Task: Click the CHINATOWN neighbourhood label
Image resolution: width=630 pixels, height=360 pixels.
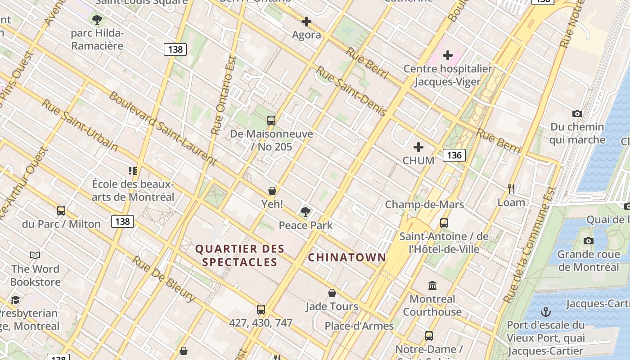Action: (347, 257)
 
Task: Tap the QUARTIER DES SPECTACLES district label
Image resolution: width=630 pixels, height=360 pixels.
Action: (240, 255)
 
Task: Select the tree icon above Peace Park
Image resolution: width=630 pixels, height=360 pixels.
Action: (306, 211)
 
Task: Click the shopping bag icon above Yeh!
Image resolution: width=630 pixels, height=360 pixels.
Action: (272, 191)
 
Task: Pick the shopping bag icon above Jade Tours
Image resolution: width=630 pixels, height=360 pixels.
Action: (332, 293)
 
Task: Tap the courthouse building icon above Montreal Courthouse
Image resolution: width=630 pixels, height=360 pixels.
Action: (432, 285)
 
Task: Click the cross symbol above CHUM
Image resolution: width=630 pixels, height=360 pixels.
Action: (418, 147)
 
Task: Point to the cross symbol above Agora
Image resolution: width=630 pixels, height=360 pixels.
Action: (306, 22)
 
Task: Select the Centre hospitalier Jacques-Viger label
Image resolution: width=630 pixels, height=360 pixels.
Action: (447, 75)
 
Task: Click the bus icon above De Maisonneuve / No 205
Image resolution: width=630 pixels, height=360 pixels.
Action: (271, 120)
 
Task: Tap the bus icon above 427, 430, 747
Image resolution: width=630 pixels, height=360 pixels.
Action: (261, 309)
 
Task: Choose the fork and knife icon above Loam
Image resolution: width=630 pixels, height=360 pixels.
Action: (511, 189)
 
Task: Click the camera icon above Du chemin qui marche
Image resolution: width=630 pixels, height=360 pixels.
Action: (577, 113)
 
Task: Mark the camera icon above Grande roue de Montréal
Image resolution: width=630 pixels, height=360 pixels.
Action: (588, 241)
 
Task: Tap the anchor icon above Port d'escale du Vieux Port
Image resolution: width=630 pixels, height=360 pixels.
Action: (545, 311)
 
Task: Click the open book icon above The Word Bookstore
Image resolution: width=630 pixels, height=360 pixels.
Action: (35, 255)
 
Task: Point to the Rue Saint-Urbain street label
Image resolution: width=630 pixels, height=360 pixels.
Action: (80, 125)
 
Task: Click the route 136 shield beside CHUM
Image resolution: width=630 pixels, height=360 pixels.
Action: (454, 155)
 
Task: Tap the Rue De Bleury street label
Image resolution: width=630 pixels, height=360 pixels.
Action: (164, 279)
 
